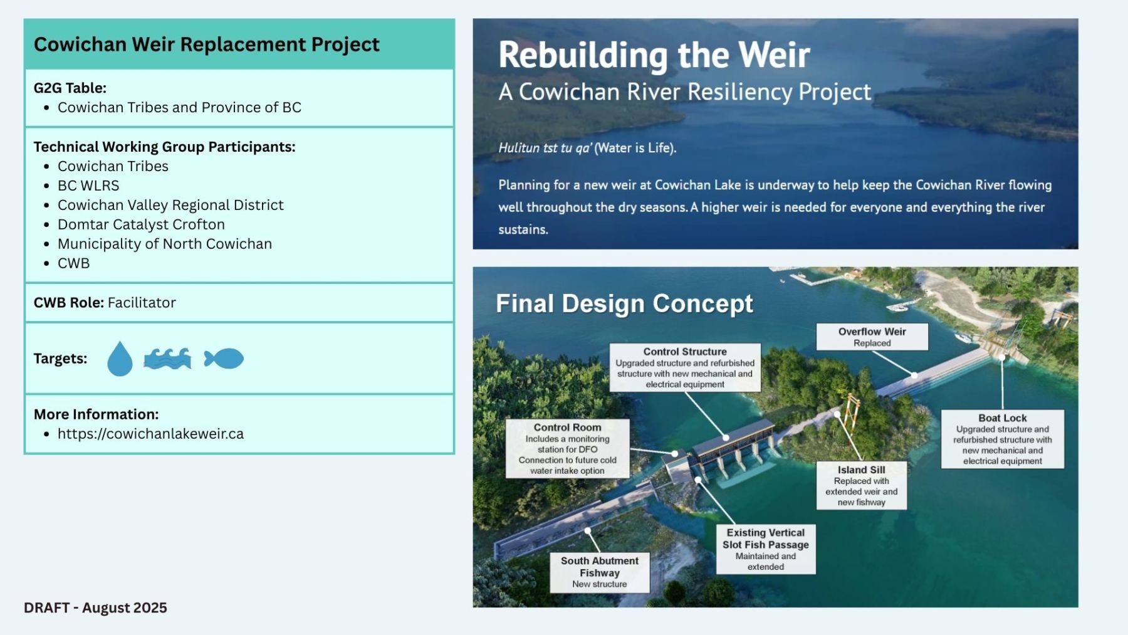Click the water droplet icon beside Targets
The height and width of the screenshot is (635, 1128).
point(120,359)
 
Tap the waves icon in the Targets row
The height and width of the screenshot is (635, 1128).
point(167,359)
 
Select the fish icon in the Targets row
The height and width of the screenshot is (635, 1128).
point(224,359)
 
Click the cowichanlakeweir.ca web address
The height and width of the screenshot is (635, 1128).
point(150,434)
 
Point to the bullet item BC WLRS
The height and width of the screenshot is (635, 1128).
point(88,186)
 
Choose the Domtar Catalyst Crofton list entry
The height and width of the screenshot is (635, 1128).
point(141,224)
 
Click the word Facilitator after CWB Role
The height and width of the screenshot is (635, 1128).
point(142,303)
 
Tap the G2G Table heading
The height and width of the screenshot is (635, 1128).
point(70,88)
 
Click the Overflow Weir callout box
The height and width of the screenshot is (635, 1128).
point(872,337)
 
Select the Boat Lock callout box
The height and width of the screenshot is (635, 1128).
point(1003,439)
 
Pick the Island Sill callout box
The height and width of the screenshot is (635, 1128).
point(862,485)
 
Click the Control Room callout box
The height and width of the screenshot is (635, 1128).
point(568,449)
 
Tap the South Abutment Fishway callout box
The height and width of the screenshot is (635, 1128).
point(600,572)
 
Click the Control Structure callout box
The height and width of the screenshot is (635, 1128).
point(685,367)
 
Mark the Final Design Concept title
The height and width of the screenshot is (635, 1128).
point(624,303)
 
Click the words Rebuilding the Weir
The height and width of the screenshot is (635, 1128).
point(654,55)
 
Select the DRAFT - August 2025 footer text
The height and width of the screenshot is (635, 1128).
point(95,608)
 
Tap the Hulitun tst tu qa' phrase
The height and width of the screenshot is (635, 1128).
point(544,148)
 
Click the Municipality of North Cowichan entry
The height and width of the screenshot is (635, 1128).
point(165,244)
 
